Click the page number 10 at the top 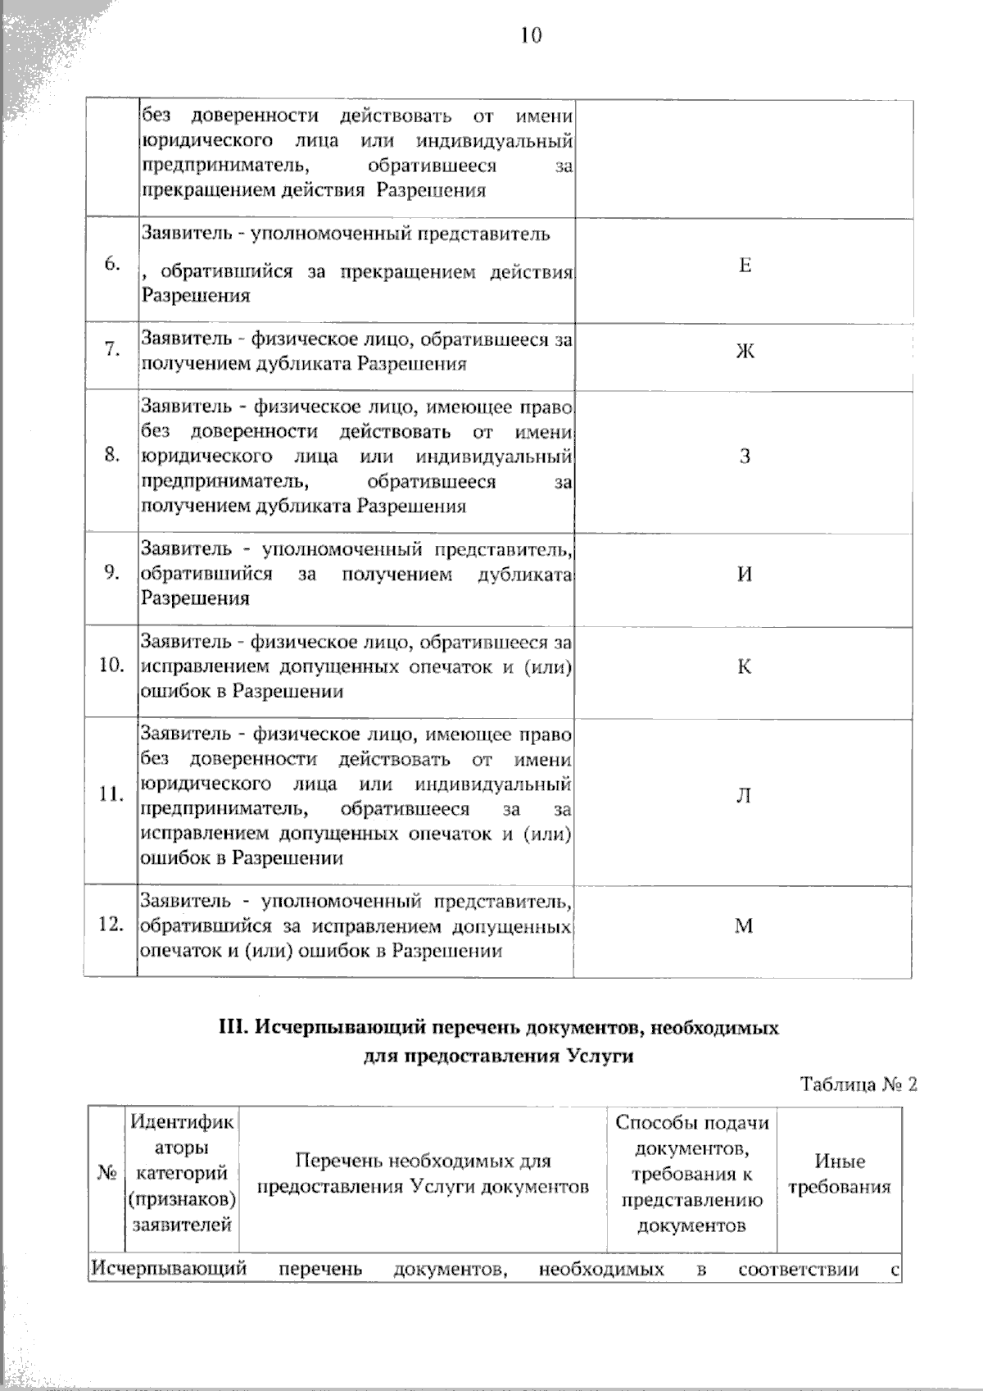click(x=531, y=35)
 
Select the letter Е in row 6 click(x=745, y=266)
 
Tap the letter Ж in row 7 click(x=745, y=352)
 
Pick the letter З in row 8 click(x=745, y=457)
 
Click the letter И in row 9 click(x=744, y=574)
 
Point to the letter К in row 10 click(x=744, y=666)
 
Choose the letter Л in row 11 click(x=743, y=796)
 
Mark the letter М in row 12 click(x=743, y=926)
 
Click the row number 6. click(x=112, y=264)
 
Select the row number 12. click(x=111, y=925)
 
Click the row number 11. click(x=111, y=794)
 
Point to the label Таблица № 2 click(x=858, y=1084)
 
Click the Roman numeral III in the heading click(x=233, y=1028)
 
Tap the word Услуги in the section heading click(x=600, y=1056)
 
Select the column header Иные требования click(x=839, y=1175)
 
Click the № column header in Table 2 click(x=106, y=1174)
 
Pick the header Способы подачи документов click(x=691, y=1135)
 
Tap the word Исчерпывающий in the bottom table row click(x=169, y=1269)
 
